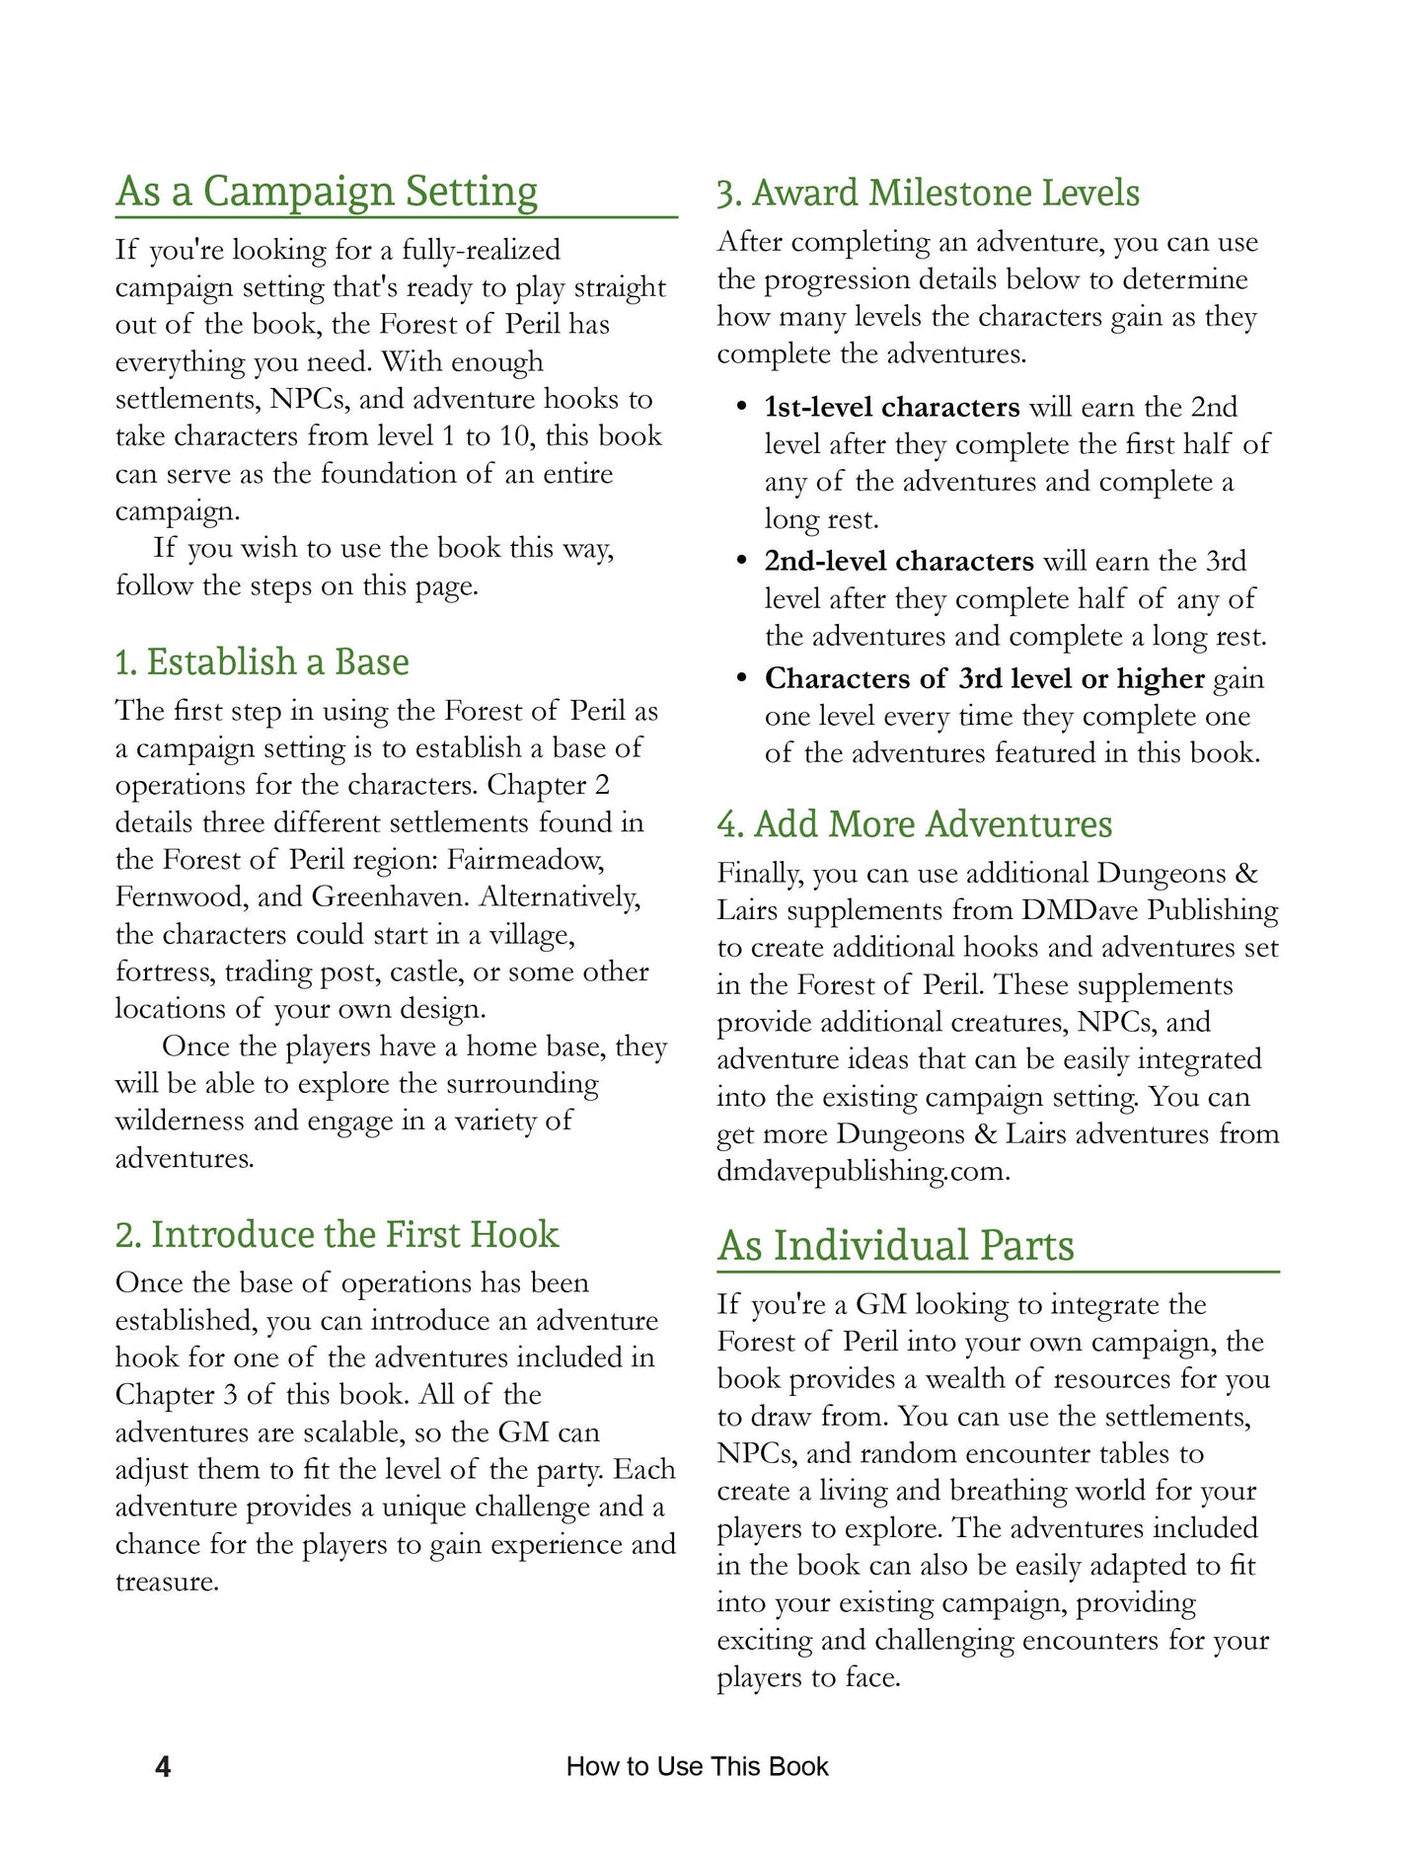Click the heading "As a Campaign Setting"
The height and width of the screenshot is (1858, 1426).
327,192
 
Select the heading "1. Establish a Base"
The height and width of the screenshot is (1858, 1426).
262,661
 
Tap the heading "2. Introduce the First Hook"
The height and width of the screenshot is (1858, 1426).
337,1235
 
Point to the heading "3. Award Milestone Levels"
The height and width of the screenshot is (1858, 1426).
928,193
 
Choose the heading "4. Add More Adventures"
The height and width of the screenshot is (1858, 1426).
914,824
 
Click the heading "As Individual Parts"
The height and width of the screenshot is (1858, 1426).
895,1246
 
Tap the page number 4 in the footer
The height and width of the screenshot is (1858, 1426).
163,1766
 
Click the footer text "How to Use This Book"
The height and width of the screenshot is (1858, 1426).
697,1766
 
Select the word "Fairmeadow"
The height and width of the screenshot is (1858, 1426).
524,860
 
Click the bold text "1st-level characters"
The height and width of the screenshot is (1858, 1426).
892,408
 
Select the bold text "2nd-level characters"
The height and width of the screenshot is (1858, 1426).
899,562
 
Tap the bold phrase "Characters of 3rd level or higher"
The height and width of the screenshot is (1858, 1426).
984,679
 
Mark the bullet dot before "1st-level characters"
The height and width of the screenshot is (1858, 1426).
741,408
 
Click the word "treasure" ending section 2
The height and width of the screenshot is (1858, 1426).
165,1583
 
